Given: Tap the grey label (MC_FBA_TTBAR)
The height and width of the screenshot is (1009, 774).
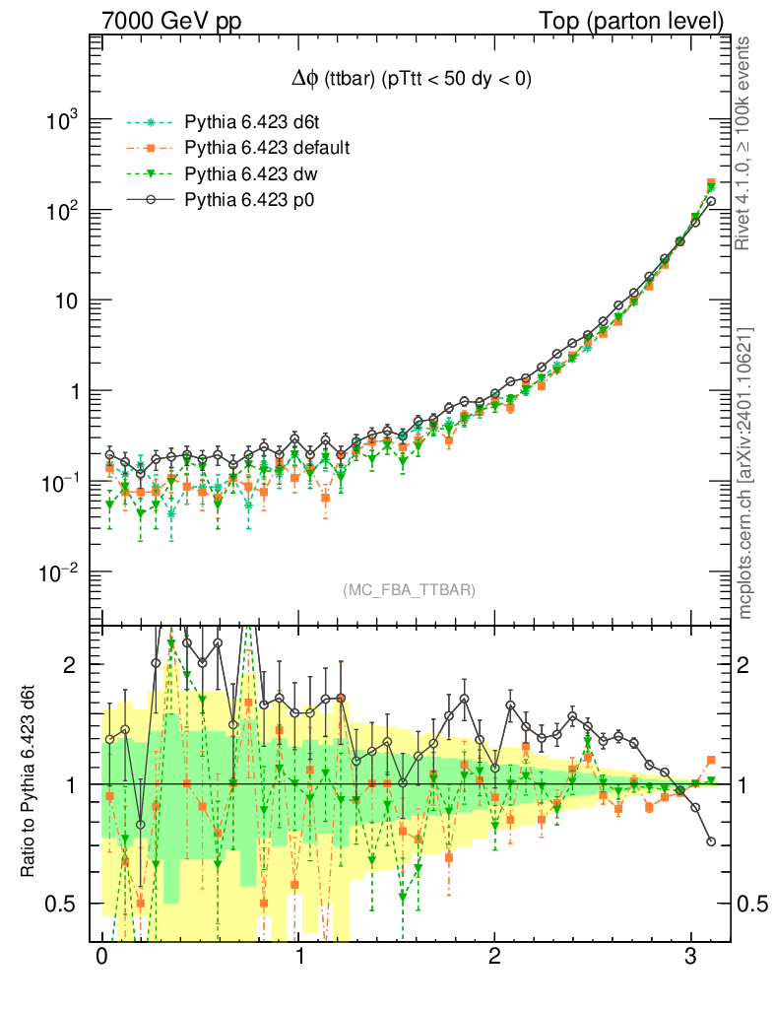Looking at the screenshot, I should click(410, 590).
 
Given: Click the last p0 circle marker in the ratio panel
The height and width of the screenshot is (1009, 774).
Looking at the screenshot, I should click(711, 841).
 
